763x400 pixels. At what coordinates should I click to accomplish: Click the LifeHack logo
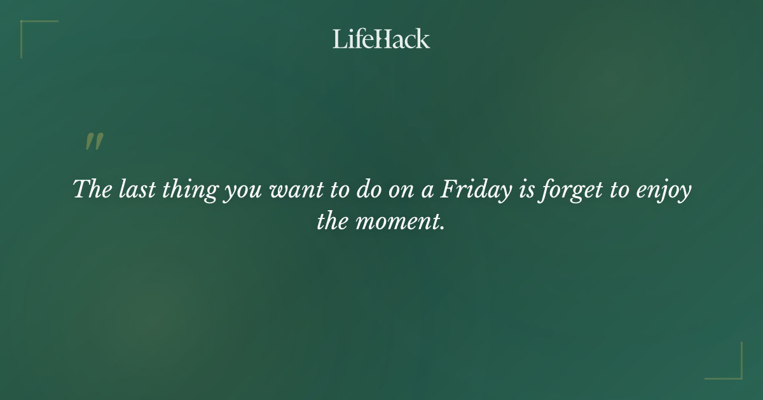[381, 39]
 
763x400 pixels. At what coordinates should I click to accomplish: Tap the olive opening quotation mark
[94, 142]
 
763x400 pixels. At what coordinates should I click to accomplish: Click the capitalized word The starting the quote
[92, 189]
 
